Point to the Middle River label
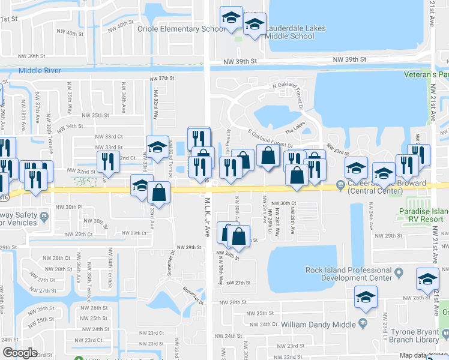point(40,70)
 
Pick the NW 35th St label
point(95,115)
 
